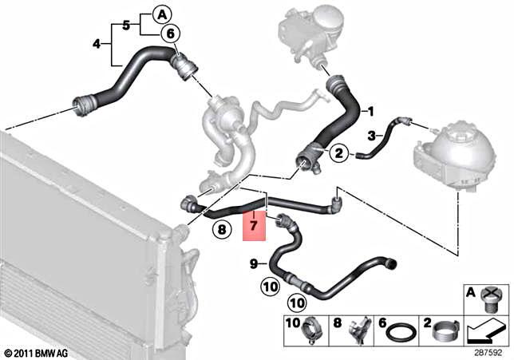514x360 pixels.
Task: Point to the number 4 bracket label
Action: (97, 44)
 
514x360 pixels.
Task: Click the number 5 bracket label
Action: (126, 24)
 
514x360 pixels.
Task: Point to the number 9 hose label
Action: (253, 263)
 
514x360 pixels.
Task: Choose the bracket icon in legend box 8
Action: (359, 328)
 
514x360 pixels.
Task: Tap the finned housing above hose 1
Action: (307, 32)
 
